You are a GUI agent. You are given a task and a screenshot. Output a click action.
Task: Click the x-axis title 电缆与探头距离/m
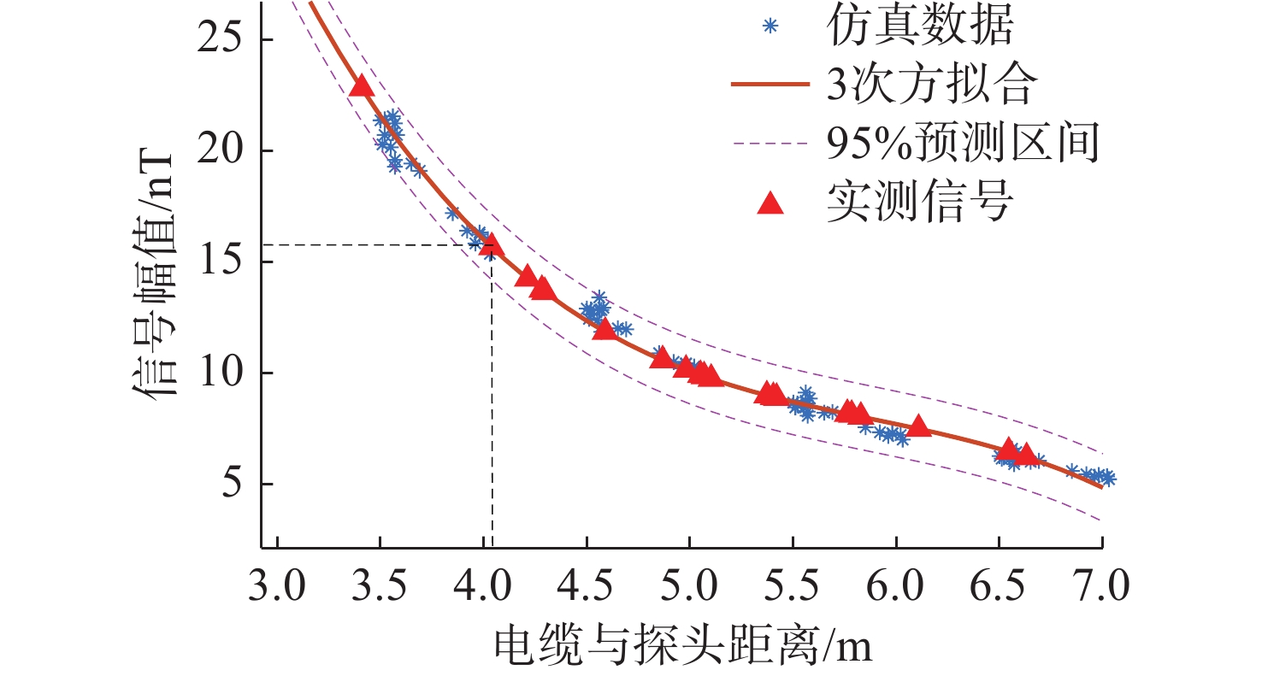[682, 646]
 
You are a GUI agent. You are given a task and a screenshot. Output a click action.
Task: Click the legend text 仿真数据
[920, 27]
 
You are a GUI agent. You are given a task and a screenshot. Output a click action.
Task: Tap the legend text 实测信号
[920, 203]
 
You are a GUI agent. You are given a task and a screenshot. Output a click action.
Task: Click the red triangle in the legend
[770, 203]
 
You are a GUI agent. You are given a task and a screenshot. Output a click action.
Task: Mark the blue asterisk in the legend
[770, 27]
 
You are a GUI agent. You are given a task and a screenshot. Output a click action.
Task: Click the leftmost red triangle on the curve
[362, 86]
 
